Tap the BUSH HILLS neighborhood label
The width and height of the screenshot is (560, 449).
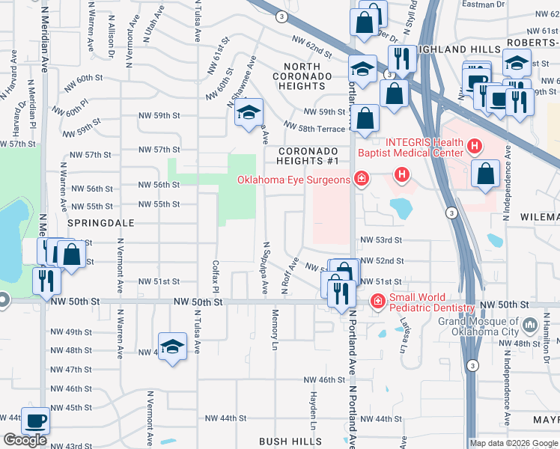290,442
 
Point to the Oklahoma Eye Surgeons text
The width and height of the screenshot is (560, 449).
293,180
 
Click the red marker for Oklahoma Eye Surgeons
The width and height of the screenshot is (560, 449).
361,178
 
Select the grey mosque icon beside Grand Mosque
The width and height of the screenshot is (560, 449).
531,325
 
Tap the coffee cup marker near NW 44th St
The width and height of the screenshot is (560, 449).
36,421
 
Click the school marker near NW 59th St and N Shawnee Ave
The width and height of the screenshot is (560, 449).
249,114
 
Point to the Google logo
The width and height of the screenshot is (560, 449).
25,440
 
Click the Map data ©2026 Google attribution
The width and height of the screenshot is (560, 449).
513,443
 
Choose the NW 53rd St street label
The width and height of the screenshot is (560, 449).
381,240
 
